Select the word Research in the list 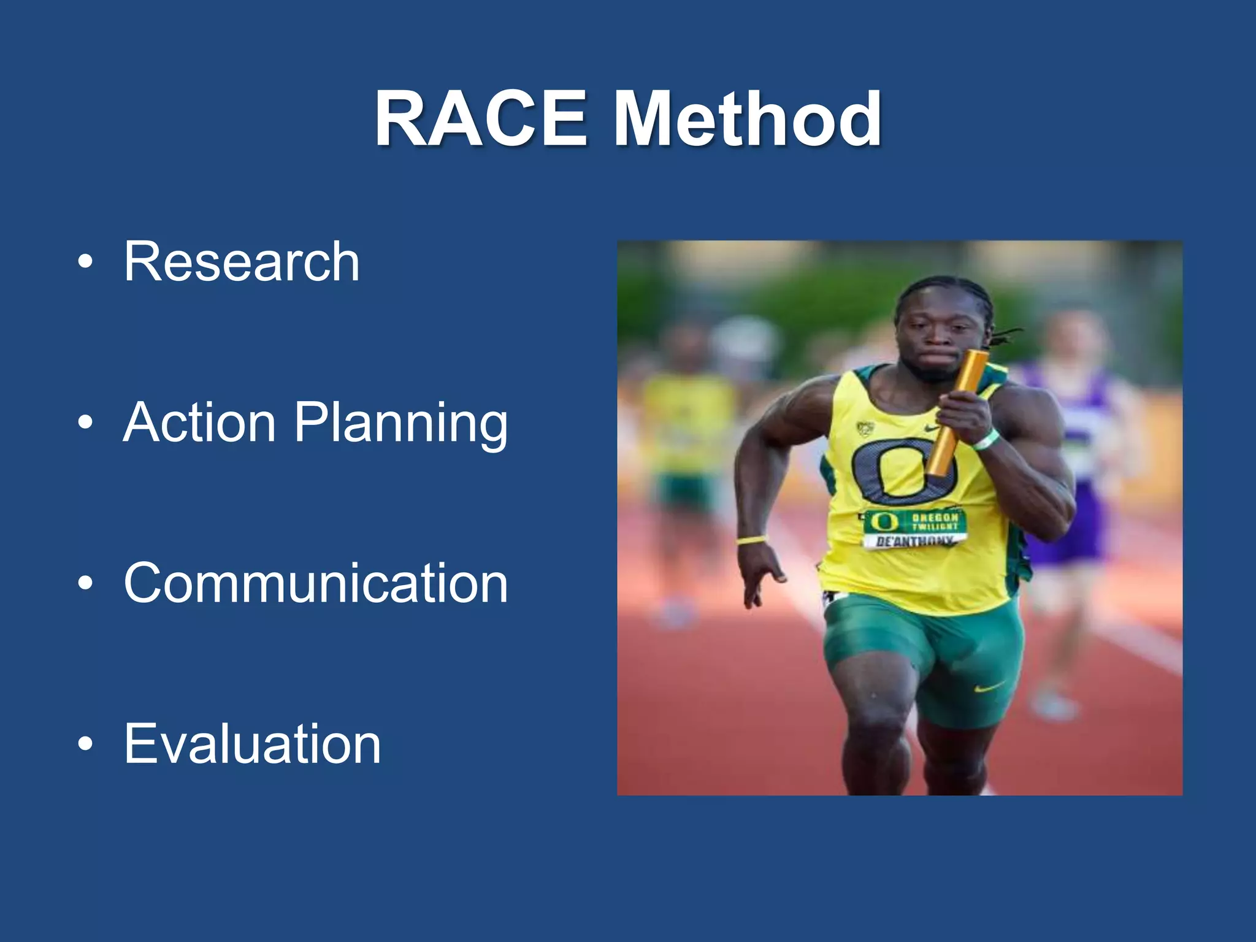coord(242,262)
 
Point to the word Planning coord(401,423)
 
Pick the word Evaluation coord(252,743)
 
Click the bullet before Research coord(86,262)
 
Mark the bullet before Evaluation coord(86,744)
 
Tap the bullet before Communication coord(86,583)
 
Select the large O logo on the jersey coord(902,469)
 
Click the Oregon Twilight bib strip coord(916,521)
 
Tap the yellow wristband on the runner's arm coord(751,540)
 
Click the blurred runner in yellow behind coord(687,442)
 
